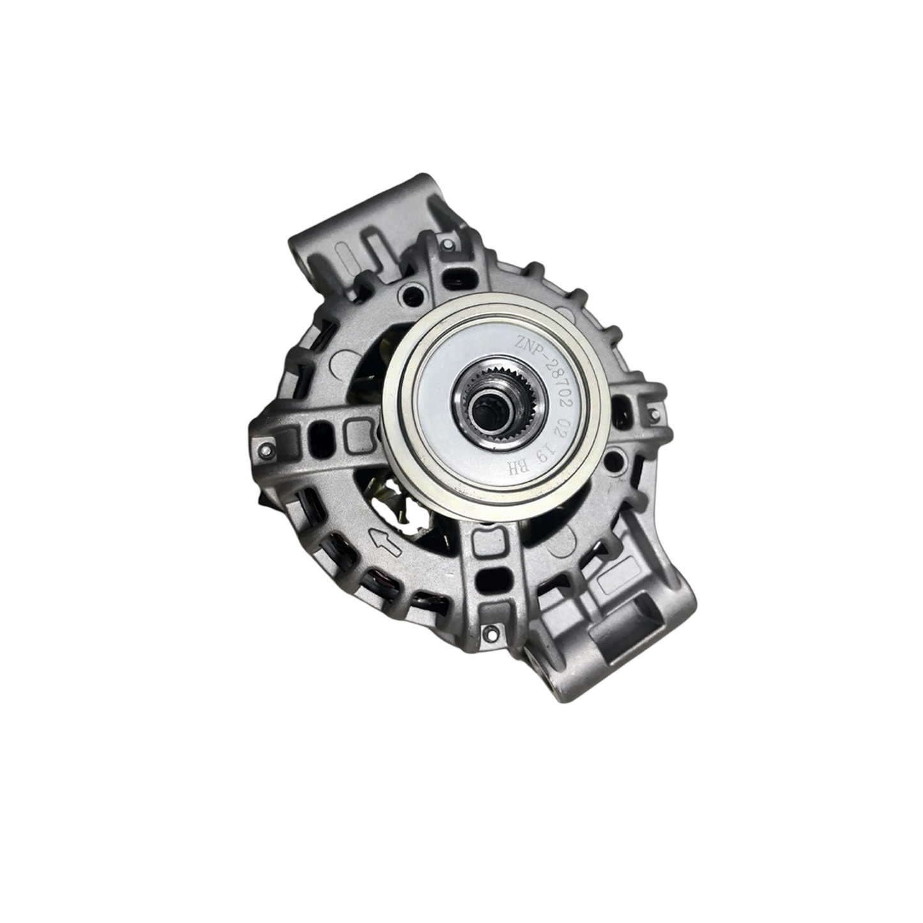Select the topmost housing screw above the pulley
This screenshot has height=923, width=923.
pos(447,245)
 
